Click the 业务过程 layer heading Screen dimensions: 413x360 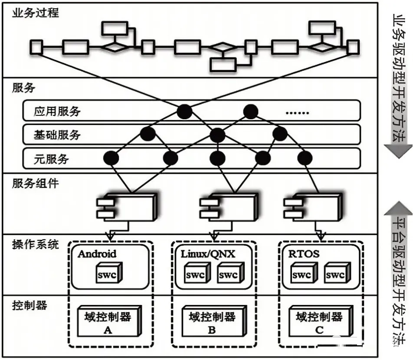click(35, 13)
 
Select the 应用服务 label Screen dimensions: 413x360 click(57, 111)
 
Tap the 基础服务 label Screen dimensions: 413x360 click(57, 135)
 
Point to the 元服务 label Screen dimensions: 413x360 click(51, 159)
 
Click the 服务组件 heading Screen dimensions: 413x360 click(35, 183)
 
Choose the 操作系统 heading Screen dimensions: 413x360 click(35, 245)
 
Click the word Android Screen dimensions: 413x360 click(97, 254)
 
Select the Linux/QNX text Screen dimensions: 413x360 click(208, 254)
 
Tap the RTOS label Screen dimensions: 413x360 click(304, 254)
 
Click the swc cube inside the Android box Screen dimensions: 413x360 click(109, 273)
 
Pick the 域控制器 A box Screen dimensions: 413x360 click(109, 321)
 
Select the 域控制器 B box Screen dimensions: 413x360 click(214, 321)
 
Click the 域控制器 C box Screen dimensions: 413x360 click(321, 321)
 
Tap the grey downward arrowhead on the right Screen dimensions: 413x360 click(398, 151)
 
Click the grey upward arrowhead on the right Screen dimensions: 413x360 click(398, 209)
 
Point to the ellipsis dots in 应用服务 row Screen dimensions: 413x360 click(297, 113)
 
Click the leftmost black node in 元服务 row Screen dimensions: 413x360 click(111, 159)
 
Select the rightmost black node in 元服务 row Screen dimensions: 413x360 click(305, 159)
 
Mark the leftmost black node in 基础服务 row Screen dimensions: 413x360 click(148, 134)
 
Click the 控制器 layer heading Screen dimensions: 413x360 click(29, 305)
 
